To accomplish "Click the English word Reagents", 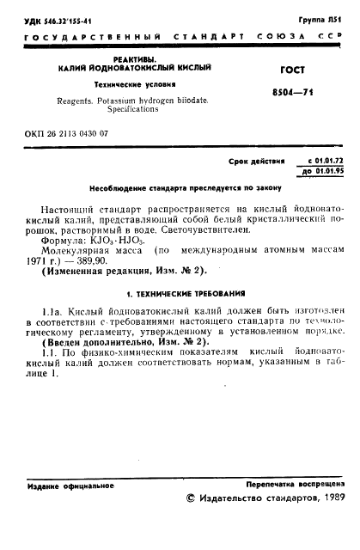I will point(76,101).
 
